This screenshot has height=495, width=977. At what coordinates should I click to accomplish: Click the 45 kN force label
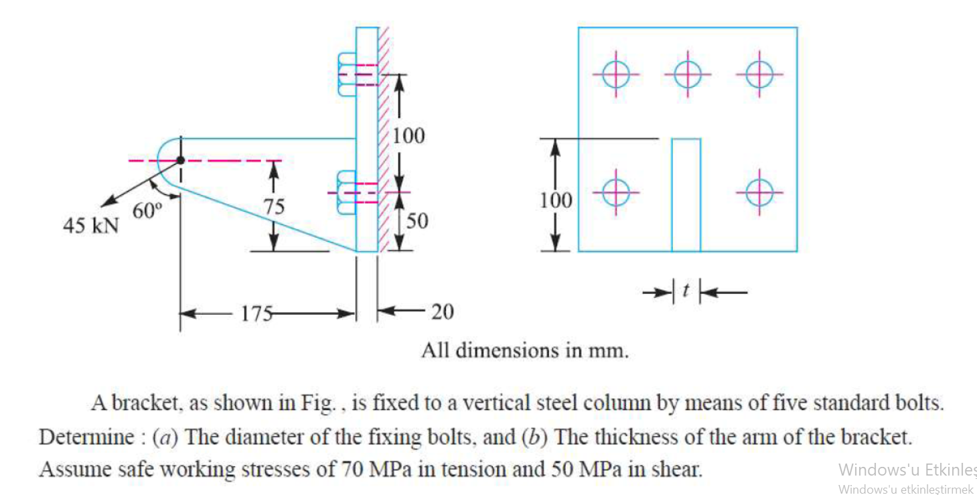pos(90,226)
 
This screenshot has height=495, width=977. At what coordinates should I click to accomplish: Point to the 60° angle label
pos(147,210)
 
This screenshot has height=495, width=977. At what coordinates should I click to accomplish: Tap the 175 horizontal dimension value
pos(257,313)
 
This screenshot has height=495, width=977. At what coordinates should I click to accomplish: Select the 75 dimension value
pos(273,206)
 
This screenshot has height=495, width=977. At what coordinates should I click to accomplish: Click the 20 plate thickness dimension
pos(441,312)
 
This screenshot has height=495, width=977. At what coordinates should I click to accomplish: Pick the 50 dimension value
pos(417,221)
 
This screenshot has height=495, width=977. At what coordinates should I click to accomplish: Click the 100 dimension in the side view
pos(408,136)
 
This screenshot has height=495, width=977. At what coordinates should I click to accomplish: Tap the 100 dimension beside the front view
pos(556,200)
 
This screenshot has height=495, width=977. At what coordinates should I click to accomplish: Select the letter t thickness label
pos(686,290)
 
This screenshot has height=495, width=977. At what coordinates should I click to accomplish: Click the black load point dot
pos(180,160)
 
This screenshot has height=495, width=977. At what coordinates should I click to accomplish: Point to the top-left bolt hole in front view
pos(615,74)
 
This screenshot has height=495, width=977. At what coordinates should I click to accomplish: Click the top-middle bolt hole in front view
pos(687,74)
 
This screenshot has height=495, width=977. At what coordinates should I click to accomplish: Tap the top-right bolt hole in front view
pos(759,74)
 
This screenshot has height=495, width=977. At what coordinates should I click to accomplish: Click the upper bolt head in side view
pos(346,74)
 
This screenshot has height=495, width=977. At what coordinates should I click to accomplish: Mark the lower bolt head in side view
pos(346,193)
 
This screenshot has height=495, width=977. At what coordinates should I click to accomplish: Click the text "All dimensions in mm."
pos(525,350)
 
